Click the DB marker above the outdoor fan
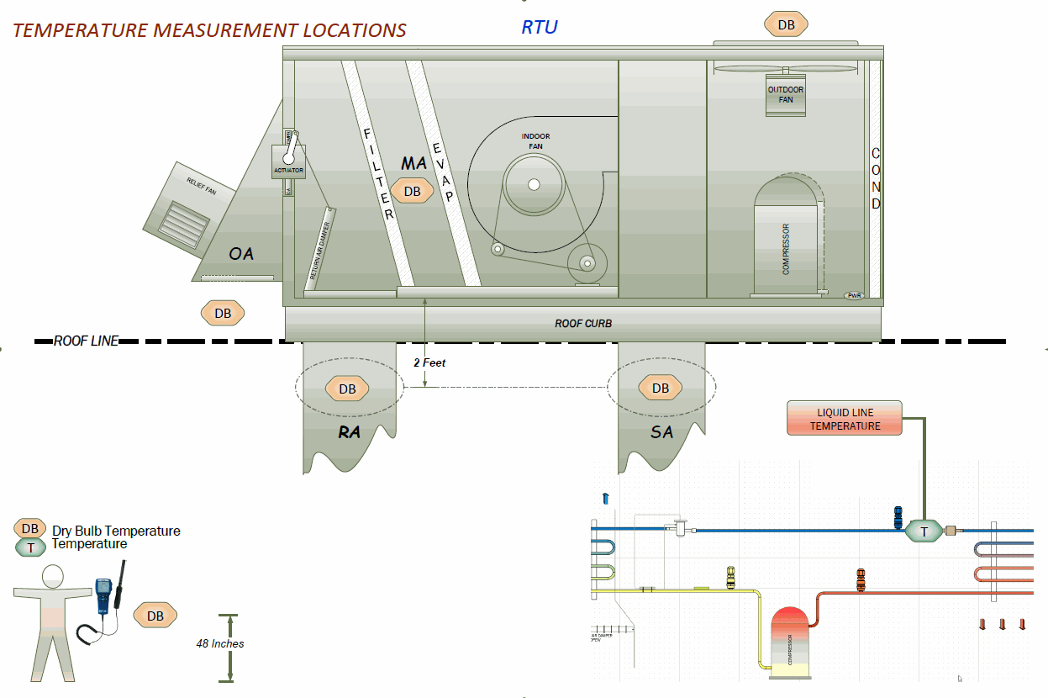tap(786, 24)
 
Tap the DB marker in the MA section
tap(412, 192)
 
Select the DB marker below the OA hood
tap(223, 314)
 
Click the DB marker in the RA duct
tap(347, 389)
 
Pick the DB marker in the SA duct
tap(661, 388)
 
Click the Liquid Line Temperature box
tap(845, 419)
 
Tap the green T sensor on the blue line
tap(924, 531)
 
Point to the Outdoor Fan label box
tap(786, 95)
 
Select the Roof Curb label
tap(583, 324)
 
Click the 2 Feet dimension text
tap(429, 362)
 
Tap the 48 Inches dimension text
tap(220, 644)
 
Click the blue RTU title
tap(540, 26)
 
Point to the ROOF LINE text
tap(86, 341)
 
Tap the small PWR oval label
tap(855, 295)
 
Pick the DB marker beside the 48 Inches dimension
tap(155, 616)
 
